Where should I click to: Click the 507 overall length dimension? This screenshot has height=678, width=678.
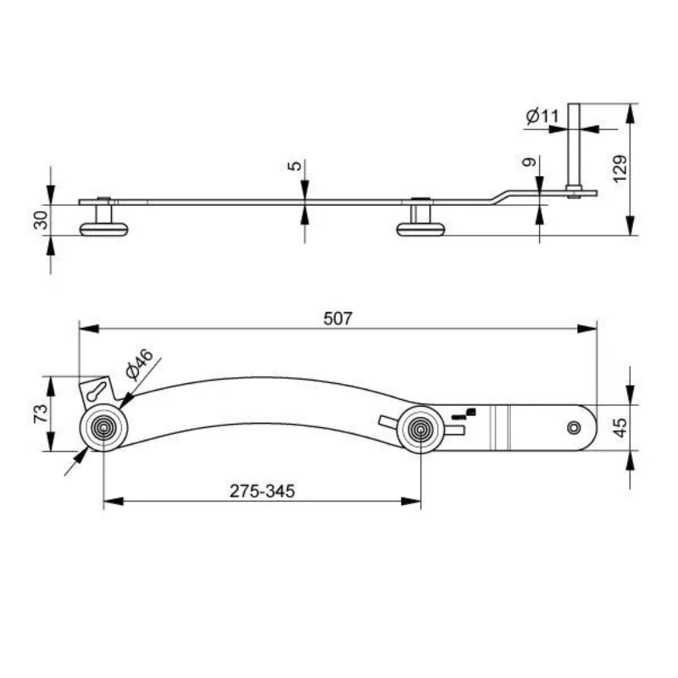coord(337,319)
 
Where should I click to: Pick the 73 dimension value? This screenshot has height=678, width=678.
coord(38,414)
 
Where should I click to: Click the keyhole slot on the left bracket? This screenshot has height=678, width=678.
coord(97,392)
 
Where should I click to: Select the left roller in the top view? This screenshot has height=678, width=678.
coord(103,429)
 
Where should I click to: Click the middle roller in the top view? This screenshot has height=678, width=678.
coord(420,429)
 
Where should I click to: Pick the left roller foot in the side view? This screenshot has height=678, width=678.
coord(103,227)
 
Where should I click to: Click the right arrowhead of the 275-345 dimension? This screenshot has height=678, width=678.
coord(415,501)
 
